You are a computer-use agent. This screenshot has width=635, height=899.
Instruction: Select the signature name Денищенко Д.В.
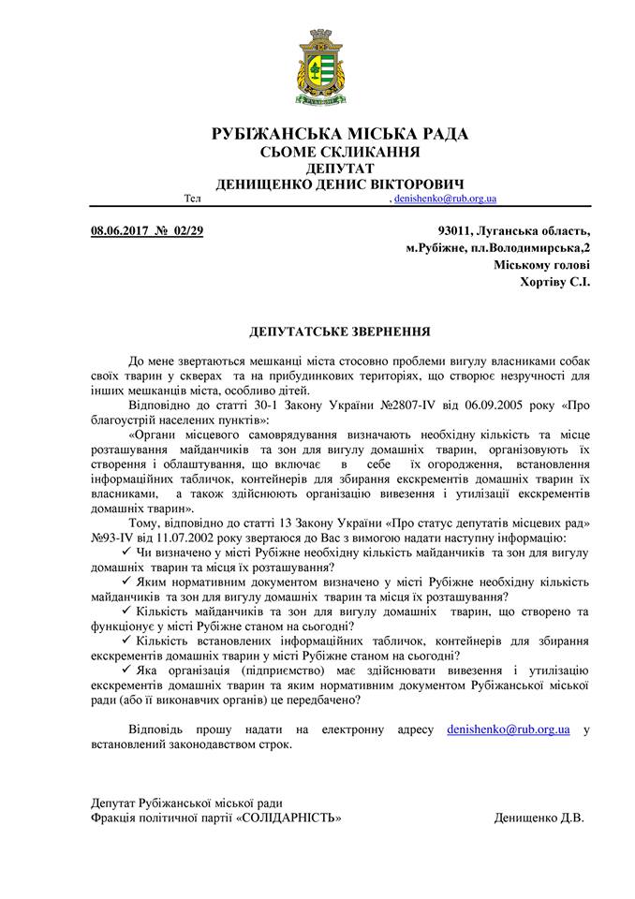pyautogui.click(x=539, y=818)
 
